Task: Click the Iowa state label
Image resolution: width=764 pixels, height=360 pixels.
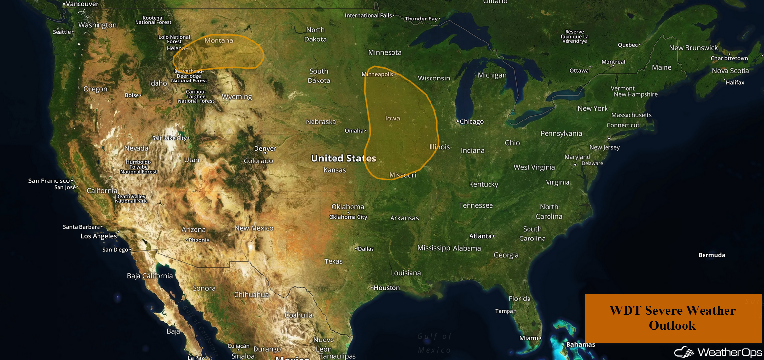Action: point(392,118)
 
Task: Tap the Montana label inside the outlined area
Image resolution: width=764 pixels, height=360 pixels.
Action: point(218,40)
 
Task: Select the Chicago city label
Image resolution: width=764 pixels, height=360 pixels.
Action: point(471,121)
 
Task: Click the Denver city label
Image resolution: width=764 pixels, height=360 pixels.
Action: point(265,148)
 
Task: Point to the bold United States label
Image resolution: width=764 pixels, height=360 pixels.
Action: point(343,158)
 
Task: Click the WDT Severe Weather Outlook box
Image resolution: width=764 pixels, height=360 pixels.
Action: point(672,318)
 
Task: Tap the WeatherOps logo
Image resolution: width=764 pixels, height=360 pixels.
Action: point(718,352)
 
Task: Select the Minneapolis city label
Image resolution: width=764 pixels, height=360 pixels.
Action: point(377,74)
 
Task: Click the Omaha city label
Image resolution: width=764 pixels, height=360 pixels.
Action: point(354,130)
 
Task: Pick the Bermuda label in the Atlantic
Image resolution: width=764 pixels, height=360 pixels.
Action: point(711,255)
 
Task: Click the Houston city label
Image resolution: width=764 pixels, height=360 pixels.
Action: point(387,288)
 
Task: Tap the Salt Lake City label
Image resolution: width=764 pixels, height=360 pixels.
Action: point(169,138)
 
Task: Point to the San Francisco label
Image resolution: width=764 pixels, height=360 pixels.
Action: point(49,180)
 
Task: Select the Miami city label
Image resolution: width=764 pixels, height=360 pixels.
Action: point(529,338)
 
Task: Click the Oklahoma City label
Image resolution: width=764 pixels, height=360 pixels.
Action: point(348,217)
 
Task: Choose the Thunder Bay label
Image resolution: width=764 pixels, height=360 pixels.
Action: point(421,19)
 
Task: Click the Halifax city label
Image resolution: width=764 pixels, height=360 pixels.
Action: point(735,82)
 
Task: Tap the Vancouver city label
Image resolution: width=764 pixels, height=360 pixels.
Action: point(82,4)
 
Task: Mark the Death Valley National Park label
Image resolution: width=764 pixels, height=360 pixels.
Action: point(131,199)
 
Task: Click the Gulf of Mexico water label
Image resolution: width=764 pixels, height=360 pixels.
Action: point(434,343)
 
